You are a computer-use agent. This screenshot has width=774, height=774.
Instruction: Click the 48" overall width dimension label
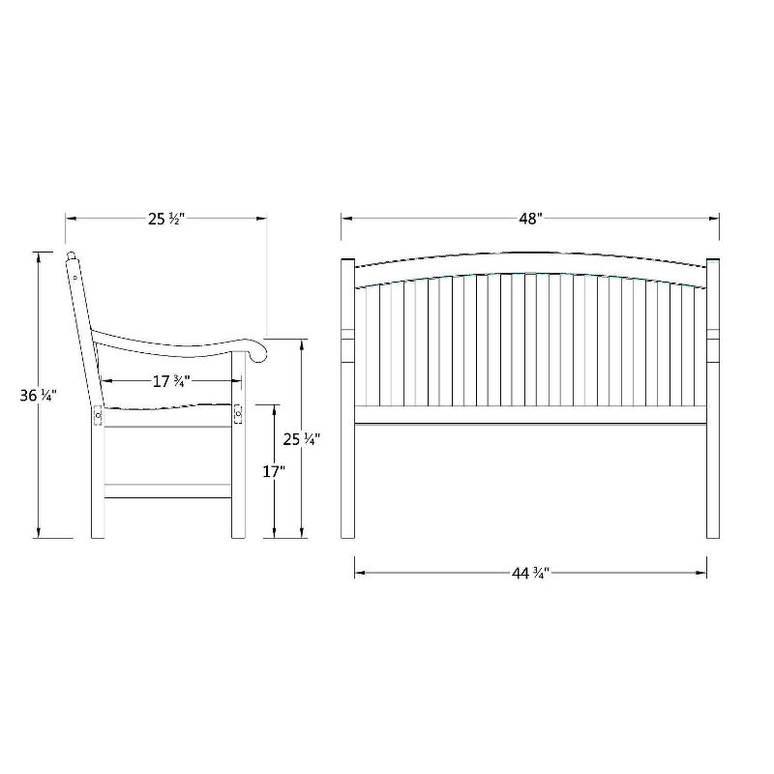[x=529, y=219]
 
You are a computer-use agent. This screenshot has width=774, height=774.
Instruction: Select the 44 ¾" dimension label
[x=530, y=573]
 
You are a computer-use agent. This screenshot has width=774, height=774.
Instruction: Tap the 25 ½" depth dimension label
[x=165, y=219]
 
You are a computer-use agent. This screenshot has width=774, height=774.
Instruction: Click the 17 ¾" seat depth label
[x=169, y=381]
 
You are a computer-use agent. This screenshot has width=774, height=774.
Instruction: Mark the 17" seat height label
[x=274, y=471]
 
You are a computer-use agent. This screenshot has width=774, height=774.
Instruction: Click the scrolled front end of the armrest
[x=257, y=351]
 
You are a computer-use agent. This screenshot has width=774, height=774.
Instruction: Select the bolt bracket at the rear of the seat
[x=98, y=416]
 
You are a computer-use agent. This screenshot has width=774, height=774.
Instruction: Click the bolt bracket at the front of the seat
[x=238, y=414]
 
